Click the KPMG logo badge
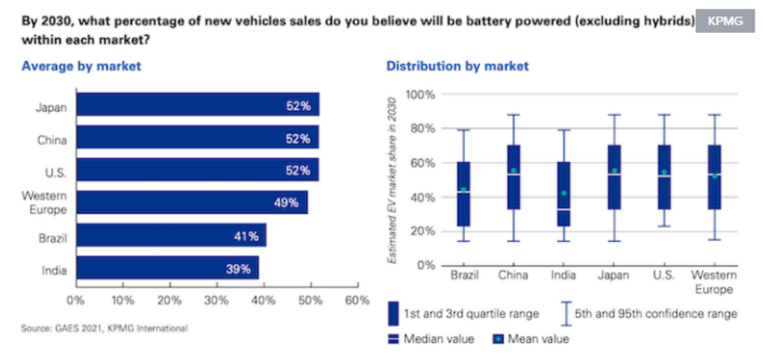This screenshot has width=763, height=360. pyautogui.click(x=724, y=22)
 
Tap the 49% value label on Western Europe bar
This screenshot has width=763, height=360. pyautogui.click(x=285, y=202)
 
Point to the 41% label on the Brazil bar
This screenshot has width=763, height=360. pyautogui.click(x=246, y=236)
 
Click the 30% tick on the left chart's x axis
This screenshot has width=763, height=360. pyautogui.click(x=217, y=301)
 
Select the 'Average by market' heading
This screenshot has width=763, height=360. pyautogui.click(x=81, y=66)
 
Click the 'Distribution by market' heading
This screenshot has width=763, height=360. pyautogui.click(x=457, y=66)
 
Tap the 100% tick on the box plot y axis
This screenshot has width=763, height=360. pyautogui.click(x=420, y=95)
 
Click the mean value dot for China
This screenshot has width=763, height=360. pyautogui.click(x=513, y=170)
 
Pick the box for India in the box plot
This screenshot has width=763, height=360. pyautogui.click(x=563, y=194)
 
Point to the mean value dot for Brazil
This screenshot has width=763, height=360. pyautogui.click(x=463, y=190)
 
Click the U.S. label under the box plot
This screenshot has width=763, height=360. pyautogui.click(x=664, y=276)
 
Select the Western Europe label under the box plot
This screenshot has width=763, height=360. pyautogui.click(x=714, y=282)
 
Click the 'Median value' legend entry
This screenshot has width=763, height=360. pyautogui.click(x=430, y=339)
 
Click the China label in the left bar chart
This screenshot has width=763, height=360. pyautogui.click(x=52, y=139)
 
